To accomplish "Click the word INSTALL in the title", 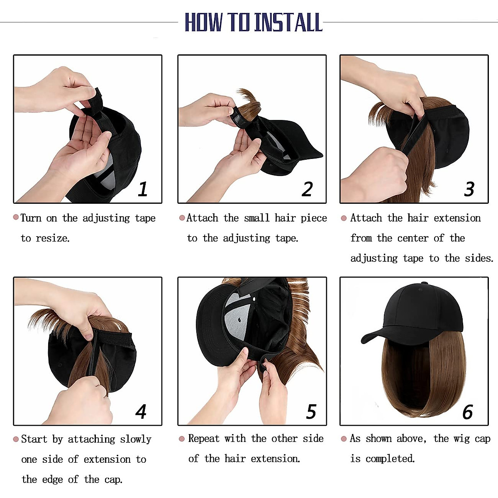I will tap(288, 22).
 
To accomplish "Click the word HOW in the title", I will tap(203, 22).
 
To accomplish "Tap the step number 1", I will tap(143, 189).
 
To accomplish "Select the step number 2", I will tap(307, 189).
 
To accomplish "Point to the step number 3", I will tap(469, 189).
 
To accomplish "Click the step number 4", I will tap(141, 411).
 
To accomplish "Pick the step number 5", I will tap(311, 411).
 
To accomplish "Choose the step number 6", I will tap(468, 411).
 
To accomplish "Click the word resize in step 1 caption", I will tap(52, 238).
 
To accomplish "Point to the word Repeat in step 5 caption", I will tap(203, 439).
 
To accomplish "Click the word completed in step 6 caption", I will tap(390, 459).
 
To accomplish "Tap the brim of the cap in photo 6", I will tap(376, 336).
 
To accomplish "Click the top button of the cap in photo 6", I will tap(424, 284).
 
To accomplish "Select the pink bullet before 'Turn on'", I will tap(16, 217).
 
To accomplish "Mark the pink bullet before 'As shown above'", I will tap(344, 439).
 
